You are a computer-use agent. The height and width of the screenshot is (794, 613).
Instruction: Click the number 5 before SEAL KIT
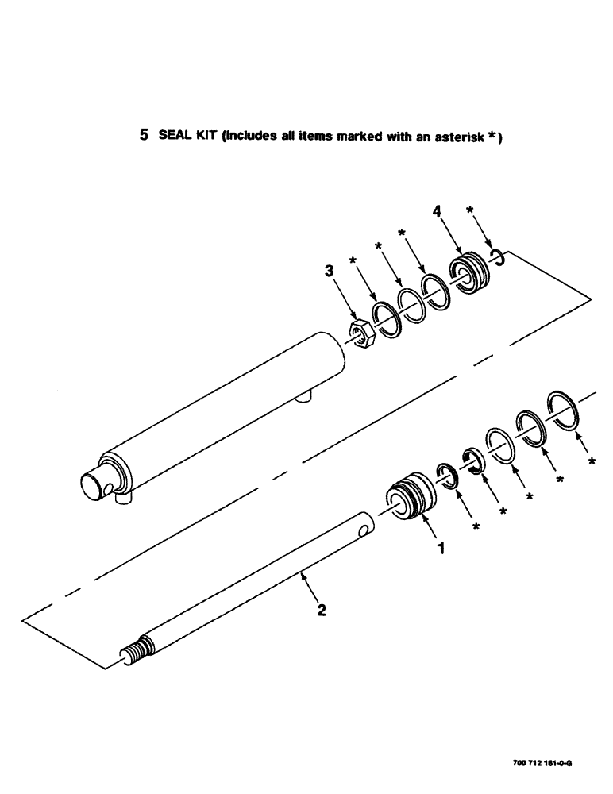coord(144,135)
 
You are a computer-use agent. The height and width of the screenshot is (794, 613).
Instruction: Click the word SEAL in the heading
coord(172,136)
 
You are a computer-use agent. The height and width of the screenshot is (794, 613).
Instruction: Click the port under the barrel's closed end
coord(121,499)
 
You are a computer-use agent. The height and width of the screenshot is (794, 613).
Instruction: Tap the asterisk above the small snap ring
coord(470,210)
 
